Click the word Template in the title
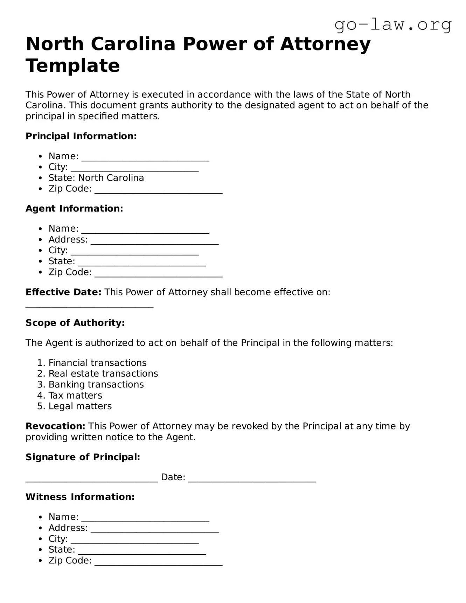coord(73,65)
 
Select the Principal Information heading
coord(81,136)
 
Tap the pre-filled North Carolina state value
coord(111,178)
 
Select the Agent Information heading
coord(74,209)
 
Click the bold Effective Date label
coord(63,292)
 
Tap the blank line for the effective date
coord(89,306)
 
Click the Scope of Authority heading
coord(75,323)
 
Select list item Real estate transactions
coord(103,373)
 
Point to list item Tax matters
coord(75,395)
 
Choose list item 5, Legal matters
coord(80,406)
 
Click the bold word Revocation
coord(55,426)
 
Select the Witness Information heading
coord(80,497)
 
